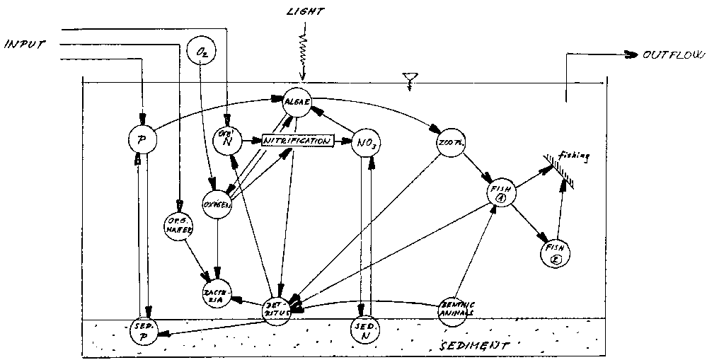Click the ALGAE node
[x=295, y=102]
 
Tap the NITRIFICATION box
[x=297, y=141]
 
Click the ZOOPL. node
[x=447, y=144]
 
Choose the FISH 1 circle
[x=500, y=192]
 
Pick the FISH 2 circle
[x=556, y=252]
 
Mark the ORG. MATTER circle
[x=180, y=224]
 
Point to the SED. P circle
[x=146, y=330]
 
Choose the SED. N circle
[x=365, y=331]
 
